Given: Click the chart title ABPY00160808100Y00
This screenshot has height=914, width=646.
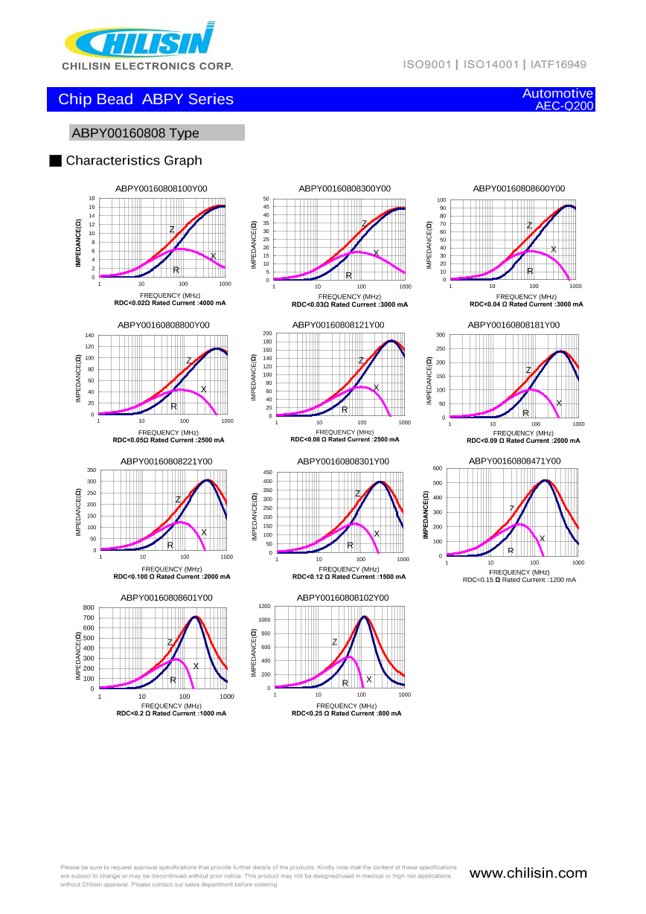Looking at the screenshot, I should point(161,189).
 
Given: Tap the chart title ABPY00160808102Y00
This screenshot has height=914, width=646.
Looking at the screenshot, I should point(342,598).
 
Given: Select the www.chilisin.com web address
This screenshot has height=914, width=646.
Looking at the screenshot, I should point(528,874).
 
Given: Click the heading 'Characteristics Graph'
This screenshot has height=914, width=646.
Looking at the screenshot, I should point(134,161).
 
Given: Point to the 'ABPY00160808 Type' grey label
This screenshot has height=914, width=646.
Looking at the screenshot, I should point(135,133).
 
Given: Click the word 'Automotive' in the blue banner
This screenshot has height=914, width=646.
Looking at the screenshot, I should point(557,94).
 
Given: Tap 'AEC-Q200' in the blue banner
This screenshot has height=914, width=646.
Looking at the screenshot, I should point(564,106).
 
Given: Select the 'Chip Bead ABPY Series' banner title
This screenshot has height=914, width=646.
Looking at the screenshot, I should point(146,100).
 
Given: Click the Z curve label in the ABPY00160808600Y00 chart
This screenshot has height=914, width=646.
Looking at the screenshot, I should point(529,226).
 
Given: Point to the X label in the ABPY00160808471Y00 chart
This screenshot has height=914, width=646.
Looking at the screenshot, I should point(542,538).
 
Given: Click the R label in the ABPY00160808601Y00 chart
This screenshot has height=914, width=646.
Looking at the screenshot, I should point(173,680).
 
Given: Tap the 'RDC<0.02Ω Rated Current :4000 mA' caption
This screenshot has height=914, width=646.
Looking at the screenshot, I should point(170,304).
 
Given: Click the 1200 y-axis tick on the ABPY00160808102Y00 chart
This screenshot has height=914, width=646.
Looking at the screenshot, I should point(264,607).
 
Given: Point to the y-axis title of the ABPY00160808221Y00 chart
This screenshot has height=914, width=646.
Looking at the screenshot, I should point(78,512).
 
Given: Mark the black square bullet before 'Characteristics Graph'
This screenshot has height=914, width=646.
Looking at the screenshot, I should point(54,161).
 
